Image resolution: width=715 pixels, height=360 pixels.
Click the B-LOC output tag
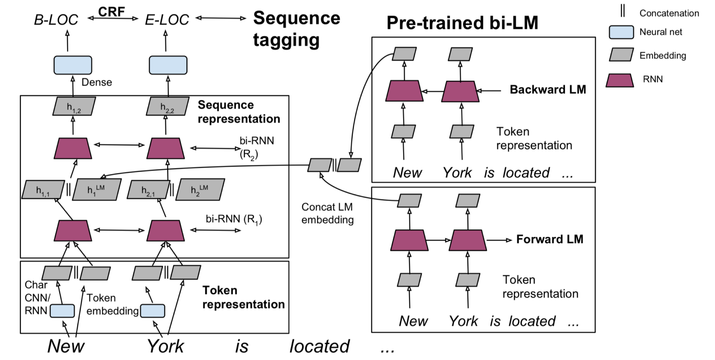[x=56, y=20]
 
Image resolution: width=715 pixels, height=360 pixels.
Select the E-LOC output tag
[x=167, y=20]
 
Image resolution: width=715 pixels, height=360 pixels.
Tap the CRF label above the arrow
[x=112, y=11]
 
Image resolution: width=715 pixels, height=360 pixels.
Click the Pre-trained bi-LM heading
[x=462, y=23]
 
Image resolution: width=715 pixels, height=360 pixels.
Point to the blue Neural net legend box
[x=621, y=32]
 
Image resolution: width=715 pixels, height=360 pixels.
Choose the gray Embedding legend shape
[x=621, y=55]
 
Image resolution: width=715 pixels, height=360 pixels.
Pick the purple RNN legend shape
[x=620, y=80]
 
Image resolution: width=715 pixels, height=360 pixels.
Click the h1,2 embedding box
[x=74, y=106]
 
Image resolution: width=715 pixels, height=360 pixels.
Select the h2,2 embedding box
[x=167, y=106]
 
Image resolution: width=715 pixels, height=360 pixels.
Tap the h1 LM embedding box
[x=97, y=189]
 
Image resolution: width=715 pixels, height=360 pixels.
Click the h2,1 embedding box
[x=148, y=189]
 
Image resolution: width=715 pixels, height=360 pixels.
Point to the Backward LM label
[x=548, y=89]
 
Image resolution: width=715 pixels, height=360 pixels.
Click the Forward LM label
[x=550, y=239]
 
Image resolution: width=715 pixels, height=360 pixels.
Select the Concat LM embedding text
[x=327, y=213]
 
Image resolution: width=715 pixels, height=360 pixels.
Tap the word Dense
[x=97, y=82]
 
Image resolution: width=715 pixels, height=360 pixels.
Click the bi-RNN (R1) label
[x=234, y=219]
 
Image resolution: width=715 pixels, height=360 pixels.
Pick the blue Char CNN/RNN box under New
[x=62, y=311]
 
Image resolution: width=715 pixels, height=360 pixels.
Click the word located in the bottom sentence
[x=320, y=346]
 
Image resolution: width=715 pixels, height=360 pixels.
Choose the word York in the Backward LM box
[x=457, y=172]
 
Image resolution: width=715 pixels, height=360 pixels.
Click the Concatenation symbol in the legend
[x=623, y=11]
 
